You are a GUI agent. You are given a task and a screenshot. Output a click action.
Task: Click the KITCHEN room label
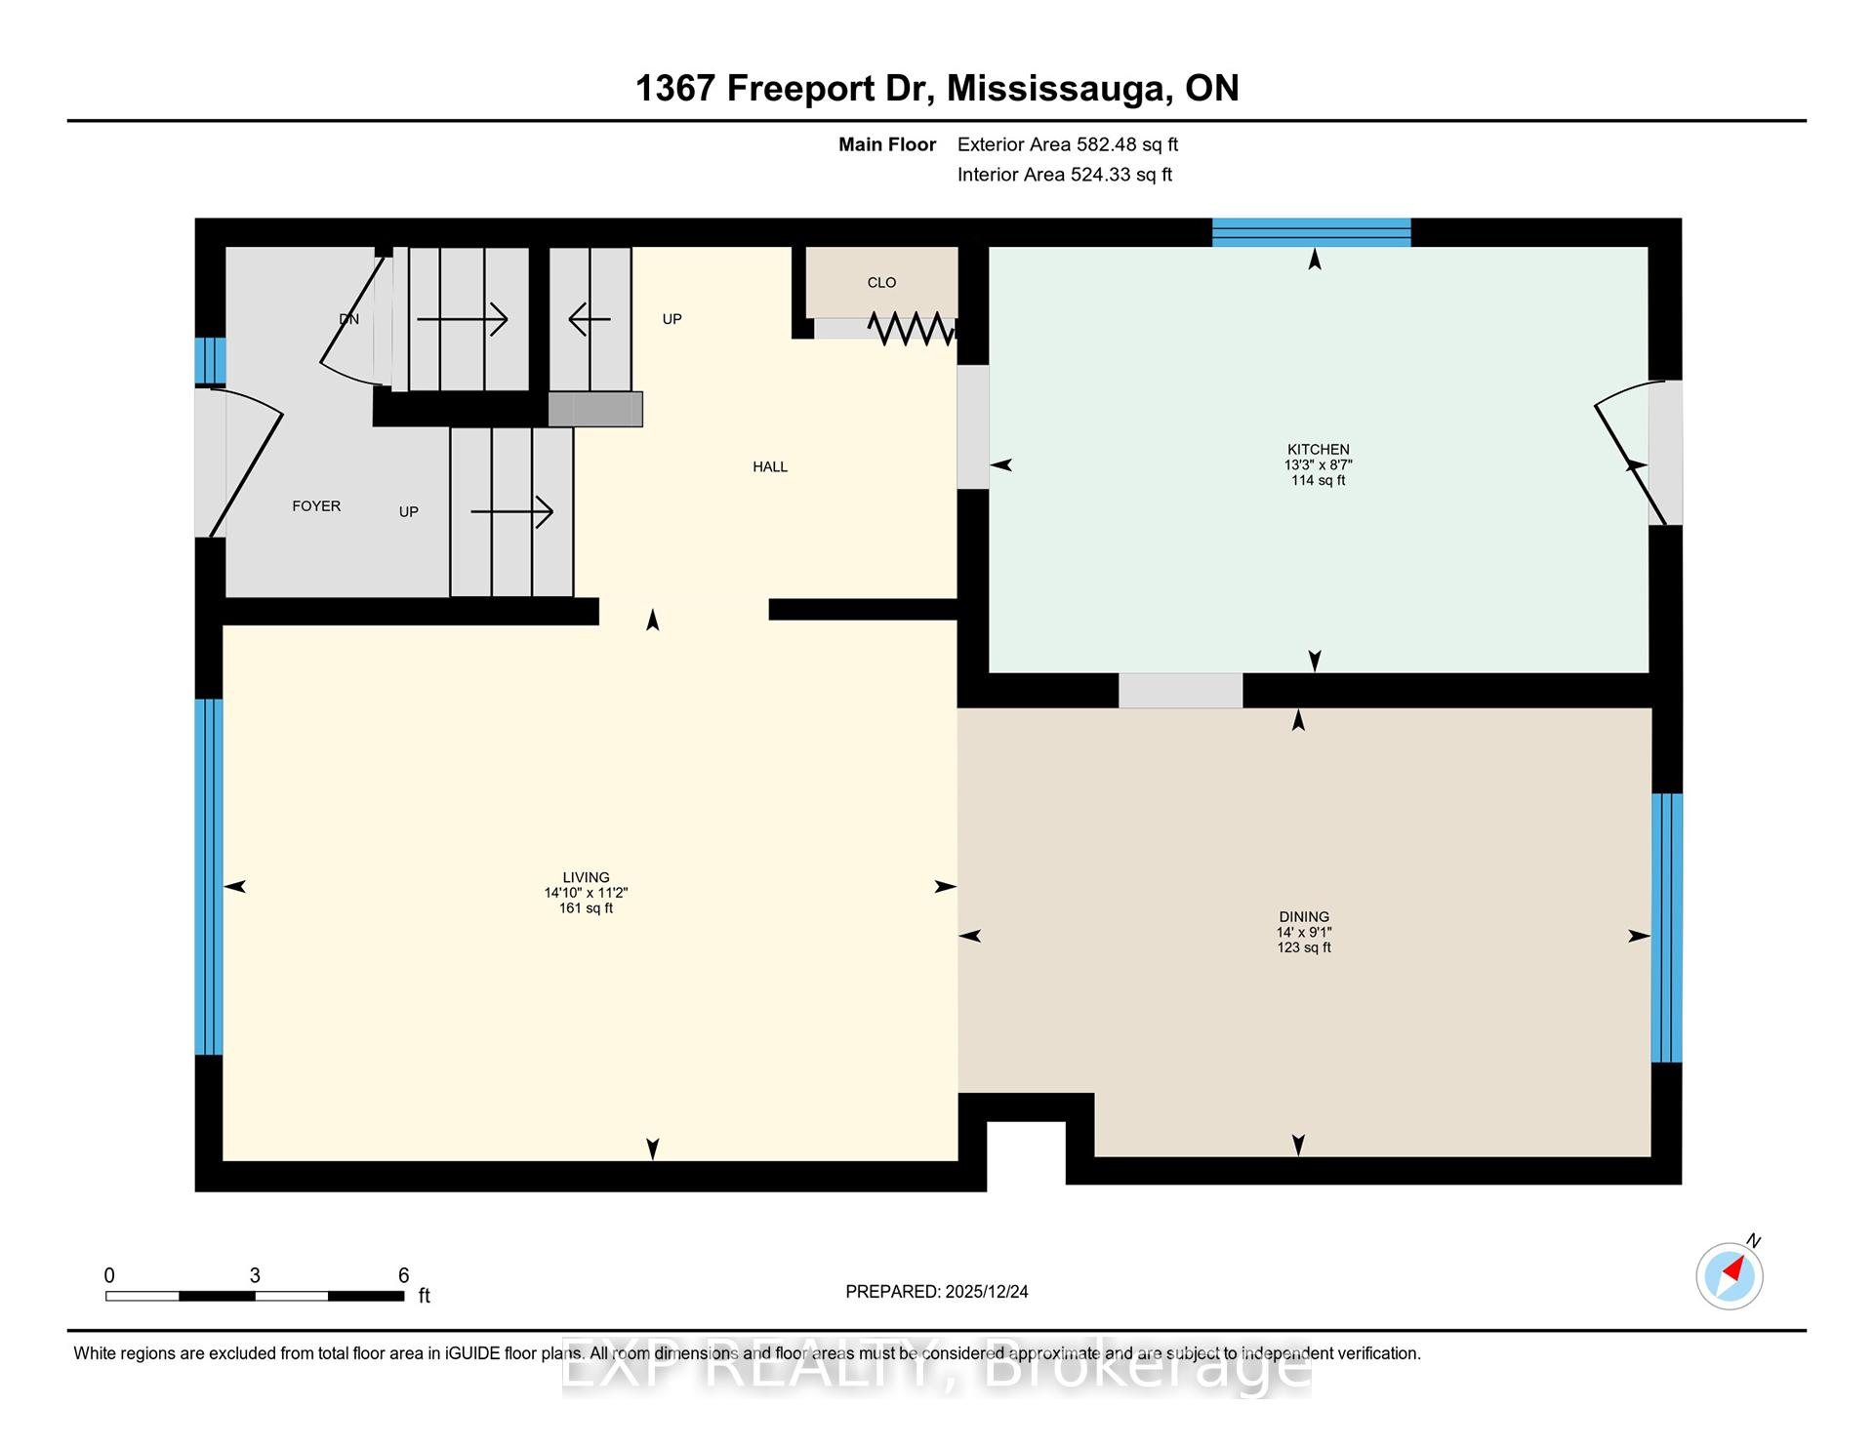(x=1318, y=450)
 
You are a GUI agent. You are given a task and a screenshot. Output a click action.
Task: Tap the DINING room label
(x=1304, y=917)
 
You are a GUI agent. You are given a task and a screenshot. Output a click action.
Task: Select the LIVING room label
(x=586, y=877)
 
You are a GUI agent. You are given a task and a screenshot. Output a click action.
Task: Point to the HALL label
(x=770, y=467)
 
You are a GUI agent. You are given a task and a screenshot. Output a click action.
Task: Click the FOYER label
(x=316, y=506)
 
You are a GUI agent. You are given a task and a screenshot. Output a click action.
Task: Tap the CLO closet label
(x=881, y=283)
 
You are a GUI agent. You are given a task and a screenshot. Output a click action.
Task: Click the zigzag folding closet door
(x=911, y=329)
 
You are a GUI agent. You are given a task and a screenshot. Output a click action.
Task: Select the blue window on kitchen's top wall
(x=1311, y=232)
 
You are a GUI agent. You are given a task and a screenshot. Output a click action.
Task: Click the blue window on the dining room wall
(x=1666, y=927)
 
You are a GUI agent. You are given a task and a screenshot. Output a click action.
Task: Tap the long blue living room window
(x=209, y=876)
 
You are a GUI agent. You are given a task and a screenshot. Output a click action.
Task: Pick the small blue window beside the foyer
(x=210, y=360)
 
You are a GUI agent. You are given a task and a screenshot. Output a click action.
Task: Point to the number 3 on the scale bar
(x=255, y=1275)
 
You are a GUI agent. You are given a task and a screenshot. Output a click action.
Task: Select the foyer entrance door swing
(x=246, y=463)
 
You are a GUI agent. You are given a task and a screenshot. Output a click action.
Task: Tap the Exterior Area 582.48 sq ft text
(x=1067, y=144)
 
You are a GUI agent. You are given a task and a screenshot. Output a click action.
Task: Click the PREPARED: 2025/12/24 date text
(x=936, y=1292)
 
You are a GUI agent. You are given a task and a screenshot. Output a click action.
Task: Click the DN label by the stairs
(x=348, y=319)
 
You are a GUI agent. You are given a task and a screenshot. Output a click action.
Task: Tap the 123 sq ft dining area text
(x=1304, y=947)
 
